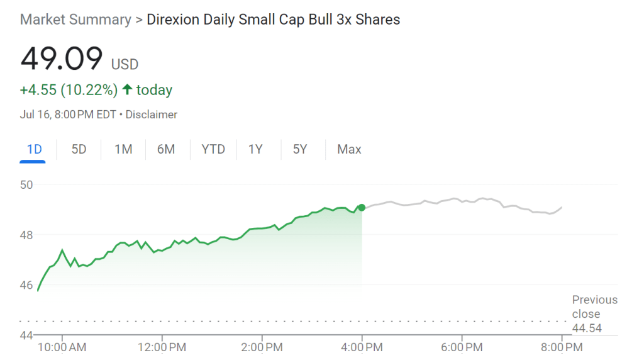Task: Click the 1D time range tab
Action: [x=33, y=149]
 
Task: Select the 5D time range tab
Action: [x=79, y=149]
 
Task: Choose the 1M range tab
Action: [x=123, y=149]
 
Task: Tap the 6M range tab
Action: [x=166, y=149]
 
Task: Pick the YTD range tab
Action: [x=213, y=149]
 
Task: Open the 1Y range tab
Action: [x=255, y=149]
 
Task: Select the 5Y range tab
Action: [x=300, y=149]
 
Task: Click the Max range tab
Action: [x=349, y=149]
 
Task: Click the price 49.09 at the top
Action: [x=61, y=59]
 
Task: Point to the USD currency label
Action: [x=125, y=64]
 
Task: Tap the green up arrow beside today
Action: [x=127, y=90]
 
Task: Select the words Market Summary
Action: [x=75, y=20]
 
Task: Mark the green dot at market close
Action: [x=362, y=207]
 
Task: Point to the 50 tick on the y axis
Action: [x=26, y=185]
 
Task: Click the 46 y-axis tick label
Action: [x=26, y=284]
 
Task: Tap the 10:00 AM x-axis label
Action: [x=61, y=347]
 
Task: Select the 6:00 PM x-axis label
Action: [x=461, y=347]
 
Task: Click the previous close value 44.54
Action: [x=586, y=328]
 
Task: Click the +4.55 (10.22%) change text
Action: [x=69, y=90]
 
